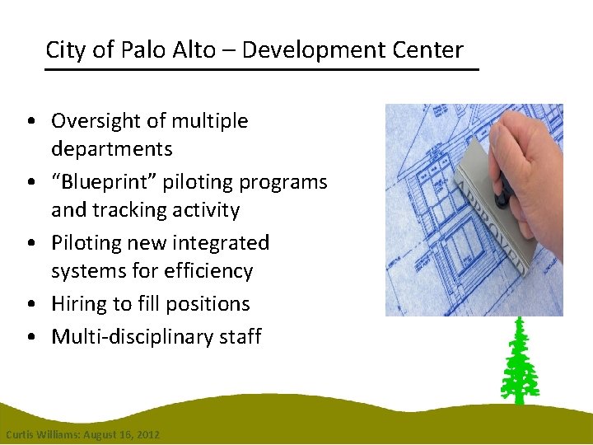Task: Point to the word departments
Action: pyautogui.click(x=111, y=149)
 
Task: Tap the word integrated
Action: pyautogui.click(x=218, y=243)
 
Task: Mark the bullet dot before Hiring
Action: pyautogui.click(x=30, y=305)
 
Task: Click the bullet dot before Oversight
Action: pyautogui.click(x=30, y=122)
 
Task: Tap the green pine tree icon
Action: pyautogui.click(x=520, y=363)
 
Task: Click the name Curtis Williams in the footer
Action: pyautogui.click(x=40, y=434)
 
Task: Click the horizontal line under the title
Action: pyautogui.click(x=261, y=70)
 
